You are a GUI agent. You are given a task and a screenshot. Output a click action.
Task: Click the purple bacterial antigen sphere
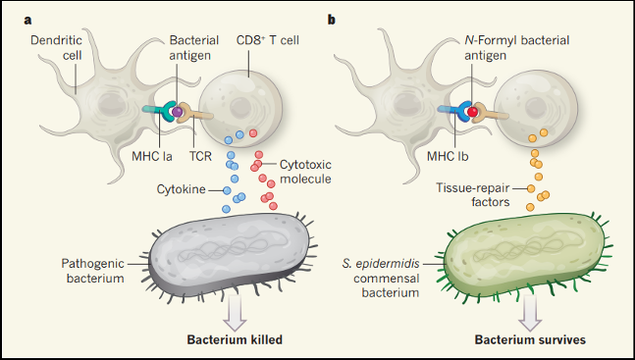177,112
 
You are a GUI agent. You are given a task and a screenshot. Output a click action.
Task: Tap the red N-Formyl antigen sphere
472,112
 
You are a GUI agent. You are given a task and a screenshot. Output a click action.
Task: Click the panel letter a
27,21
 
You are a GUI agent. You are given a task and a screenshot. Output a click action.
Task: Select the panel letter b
332,20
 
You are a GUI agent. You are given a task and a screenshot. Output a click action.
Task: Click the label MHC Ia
152,156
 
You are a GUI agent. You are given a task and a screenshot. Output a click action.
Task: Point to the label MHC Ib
448,156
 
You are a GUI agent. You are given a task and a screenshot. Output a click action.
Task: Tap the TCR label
200,156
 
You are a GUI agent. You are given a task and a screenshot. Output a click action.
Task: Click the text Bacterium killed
235,339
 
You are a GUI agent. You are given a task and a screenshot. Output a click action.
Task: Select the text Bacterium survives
530,339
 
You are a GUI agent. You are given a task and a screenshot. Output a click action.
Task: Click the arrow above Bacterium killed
235,312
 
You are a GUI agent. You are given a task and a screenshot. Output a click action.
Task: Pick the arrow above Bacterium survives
530,312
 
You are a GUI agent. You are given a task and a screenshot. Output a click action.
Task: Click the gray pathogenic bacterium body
230,255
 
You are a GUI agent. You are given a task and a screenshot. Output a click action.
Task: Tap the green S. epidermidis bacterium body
525,255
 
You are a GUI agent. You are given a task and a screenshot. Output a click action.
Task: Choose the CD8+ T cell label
268,40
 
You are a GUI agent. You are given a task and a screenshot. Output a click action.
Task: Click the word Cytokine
181,189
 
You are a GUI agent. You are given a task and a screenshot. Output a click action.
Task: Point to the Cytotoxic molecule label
305,172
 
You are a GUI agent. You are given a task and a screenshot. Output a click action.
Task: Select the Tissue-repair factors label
473,195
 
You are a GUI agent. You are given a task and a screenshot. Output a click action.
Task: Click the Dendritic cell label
56,47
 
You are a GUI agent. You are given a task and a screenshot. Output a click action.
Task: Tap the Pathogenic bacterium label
92,271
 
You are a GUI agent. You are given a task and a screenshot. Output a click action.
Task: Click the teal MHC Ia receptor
159,111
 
